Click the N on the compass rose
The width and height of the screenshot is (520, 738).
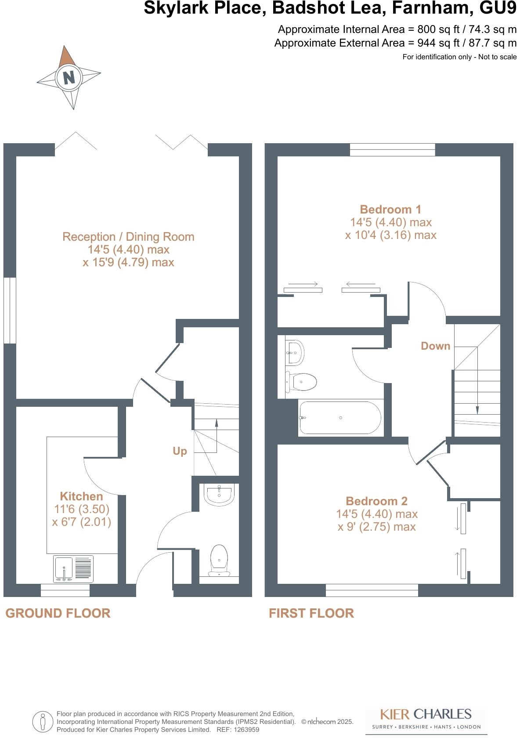69,77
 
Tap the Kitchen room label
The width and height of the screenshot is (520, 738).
81,496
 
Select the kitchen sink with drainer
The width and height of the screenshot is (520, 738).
74,569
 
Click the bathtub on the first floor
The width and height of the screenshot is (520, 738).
340,418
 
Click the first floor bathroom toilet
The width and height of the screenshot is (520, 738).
302,382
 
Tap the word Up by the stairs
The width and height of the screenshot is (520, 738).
180,451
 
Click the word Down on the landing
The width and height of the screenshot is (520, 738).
435,346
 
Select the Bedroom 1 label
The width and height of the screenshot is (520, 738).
390,209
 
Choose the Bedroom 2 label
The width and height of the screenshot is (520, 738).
376,501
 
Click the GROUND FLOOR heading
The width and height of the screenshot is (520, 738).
58,613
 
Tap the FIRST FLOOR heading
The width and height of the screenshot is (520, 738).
311,613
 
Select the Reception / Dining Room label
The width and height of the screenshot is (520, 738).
128,237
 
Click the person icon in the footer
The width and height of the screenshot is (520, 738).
43,722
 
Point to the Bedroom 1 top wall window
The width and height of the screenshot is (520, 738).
392,150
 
